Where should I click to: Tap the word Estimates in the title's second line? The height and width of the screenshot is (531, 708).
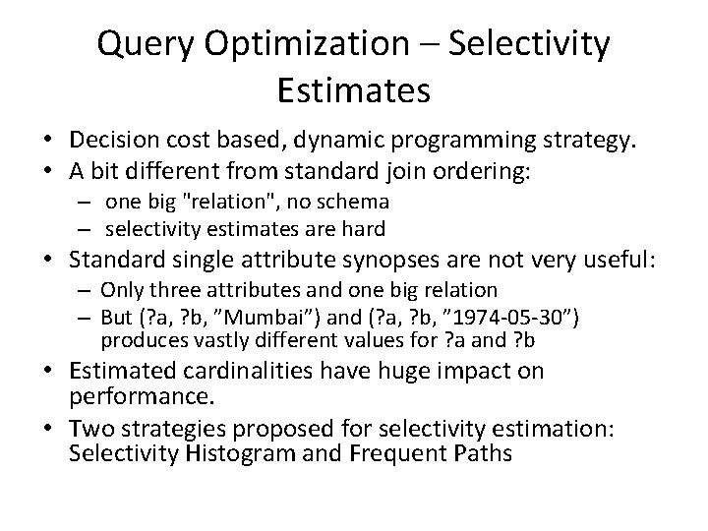(x=354, y=90)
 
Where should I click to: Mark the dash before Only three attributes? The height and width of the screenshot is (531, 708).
(x=87, y=290)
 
